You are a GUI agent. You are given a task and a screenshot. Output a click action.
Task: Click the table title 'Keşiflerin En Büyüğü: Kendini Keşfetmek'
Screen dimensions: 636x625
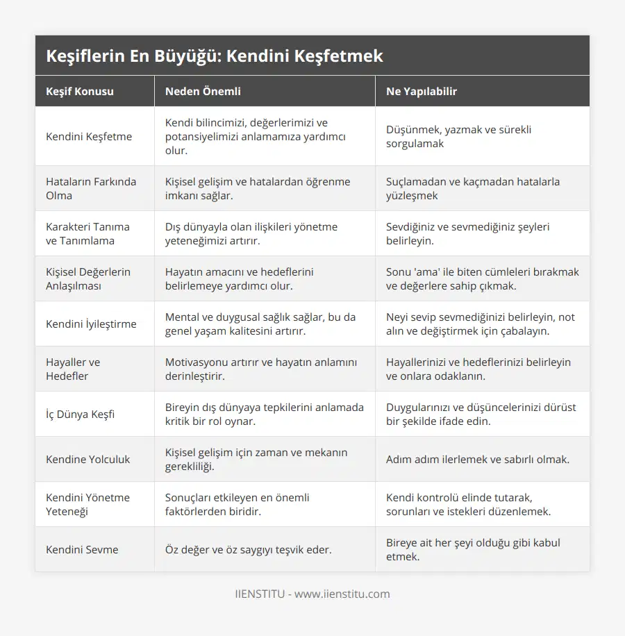pos(214,56)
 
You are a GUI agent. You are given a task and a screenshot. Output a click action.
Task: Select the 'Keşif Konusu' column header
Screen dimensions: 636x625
pos(80,91)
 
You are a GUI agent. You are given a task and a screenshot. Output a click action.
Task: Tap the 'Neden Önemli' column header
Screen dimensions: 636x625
pos(203,91)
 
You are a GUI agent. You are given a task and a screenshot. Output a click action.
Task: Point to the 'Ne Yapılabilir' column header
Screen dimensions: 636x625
pos(422,91)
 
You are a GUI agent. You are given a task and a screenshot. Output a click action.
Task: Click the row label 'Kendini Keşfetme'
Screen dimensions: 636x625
pos(89,136)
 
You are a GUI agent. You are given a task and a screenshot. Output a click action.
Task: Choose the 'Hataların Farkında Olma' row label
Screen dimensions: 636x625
pos(91,188)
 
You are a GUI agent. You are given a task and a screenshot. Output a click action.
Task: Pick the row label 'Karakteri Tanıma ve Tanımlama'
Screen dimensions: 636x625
pos(87,233)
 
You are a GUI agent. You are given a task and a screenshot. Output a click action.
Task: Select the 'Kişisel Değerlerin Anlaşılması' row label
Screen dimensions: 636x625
pos(88,278)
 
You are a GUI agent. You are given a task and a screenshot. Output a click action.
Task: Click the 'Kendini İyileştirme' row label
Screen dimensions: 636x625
pos(91,324)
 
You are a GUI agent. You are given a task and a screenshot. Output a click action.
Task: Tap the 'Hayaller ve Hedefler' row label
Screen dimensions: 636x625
pos(73,369)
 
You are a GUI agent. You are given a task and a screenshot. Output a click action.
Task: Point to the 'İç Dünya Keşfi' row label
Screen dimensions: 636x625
pos(81,414)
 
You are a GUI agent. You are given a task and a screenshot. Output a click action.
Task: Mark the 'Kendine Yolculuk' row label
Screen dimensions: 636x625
pos(88,459)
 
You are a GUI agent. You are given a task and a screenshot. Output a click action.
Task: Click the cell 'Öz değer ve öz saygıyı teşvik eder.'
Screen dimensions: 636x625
pos(248,549)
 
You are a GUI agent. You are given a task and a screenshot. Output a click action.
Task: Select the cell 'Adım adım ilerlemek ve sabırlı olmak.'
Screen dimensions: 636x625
pos(478,459)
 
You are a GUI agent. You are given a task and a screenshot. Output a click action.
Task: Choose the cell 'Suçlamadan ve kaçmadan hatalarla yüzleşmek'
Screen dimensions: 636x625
pos(473,188)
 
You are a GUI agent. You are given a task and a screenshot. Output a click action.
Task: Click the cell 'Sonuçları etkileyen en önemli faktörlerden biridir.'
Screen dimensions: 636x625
pos(237,504)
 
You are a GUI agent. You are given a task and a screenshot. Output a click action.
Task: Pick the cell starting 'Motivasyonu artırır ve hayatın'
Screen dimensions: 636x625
pos(260,369)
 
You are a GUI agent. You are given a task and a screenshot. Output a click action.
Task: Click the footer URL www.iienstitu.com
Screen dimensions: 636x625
pos(342,594)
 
